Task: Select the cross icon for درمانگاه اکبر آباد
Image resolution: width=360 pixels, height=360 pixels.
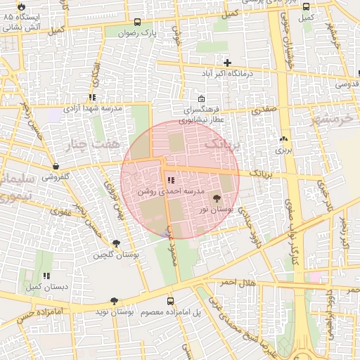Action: [x=227, y=63]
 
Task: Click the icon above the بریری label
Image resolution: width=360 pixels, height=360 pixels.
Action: [x=283, y=139]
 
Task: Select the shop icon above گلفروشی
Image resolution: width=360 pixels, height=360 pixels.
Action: [x=56, y=166]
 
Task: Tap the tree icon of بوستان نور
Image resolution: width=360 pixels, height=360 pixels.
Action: [x=216, y=199]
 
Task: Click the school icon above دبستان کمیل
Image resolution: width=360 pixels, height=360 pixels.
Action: [x=46, y=276]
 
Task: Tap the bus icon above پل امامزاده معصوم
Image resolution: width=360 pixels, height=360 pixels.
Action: [x=170, y=300]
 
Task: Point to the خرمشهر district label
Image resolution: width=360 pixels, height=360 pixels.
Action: [x=334, y=117]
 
